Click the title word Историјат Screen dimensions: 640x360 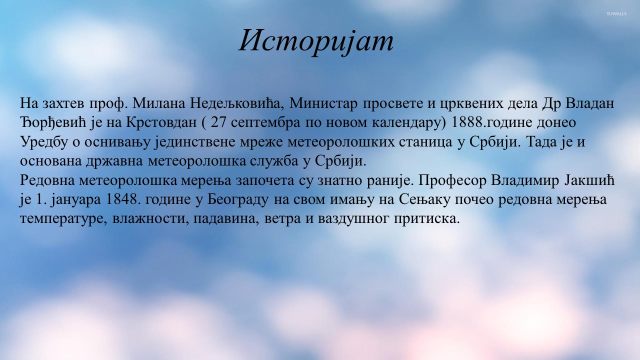pyautogui.click(x=316, y=41)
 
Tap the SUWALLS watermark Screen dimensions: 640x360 pyautogui.click(x=616, y=13)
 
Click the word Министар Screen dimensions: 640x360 pyautogui.click(x=323, y=103)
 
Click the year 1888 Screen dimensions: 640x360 pyautogui.click(x=467, y=122)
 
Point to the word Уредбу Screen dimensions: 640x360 pyautogui.click(x=44, y=141)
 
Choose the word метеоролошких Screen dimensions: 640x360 pyautogui.click(x=341, y=142)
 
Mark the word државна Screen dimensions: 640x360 pyautogui.click(x=114, y=161)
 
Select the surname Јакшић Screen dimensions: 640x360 pyautogui.click(x=589, y=180)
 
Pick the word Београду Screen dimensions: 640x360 pyautogui.click(x=238, y=199)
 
